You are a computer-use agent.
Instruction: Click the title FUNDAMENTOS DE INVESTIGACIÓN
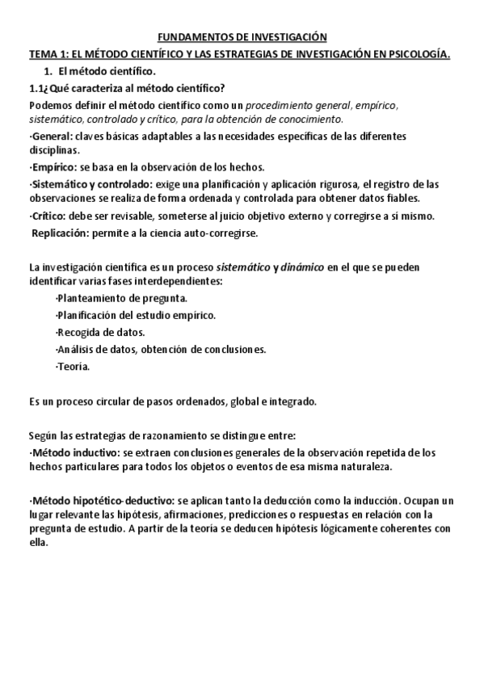point(241,37)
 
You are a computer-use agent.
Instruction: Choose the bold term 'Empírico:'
point(54,167)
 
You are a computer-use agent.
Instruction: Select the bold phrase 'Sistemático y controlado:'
point(85,183)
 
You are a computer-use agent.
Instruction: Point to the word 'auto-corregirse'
point(223,233)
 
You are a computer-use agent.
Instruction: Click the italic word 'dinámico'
point(302,267)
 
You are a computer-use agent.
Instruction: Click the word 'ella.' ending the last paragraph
point(38,543)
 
